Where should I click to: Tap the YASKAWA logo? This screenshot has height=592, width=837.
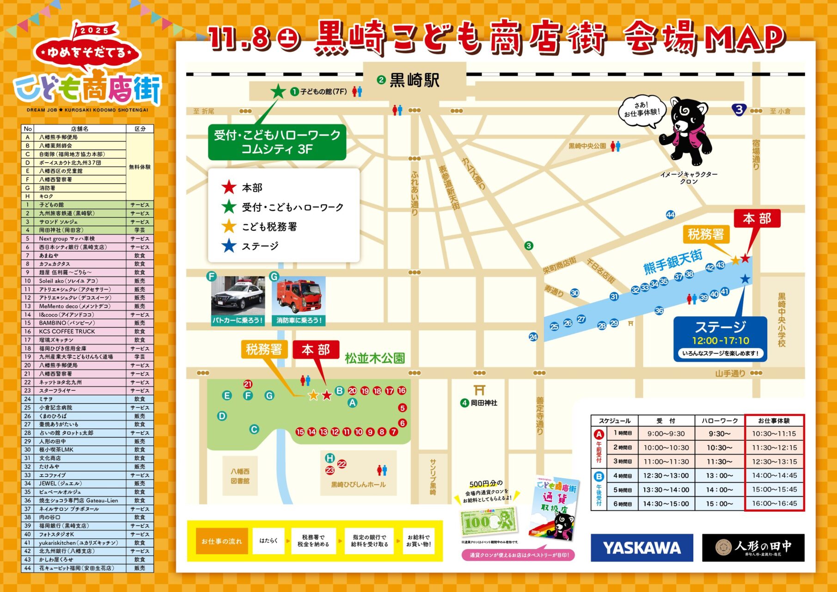coord(641,548)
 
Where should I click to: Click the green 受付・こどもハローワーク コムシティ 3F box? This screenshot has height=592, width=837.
coord(277,142)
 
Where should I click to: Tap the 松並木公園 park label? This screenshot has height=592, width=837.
coord(374,358)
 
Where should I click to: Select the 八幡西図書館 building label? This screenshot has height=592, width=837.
coord(240,476)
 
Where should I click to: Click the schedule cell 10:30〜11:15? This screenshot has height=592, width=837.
coord(774,434)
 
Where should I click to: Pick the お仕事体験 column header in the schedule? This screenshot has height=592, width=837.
coord(774,420)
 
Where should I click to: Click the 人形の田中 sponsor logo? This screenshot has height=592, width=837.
coord(753,548)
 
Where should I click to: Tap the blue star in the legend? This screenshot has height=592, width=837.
coord(229,246)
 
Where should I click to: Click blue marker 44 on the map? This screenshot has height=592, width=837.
coord(670,215)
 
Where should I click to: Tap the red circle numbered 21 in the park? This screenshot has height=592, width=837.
coord(248,384)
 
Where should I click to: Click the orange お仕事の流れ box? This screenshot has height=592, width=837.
coord(222,541)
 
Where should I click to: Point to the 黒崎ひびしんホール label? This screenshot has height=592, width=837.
coord(358,484)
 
